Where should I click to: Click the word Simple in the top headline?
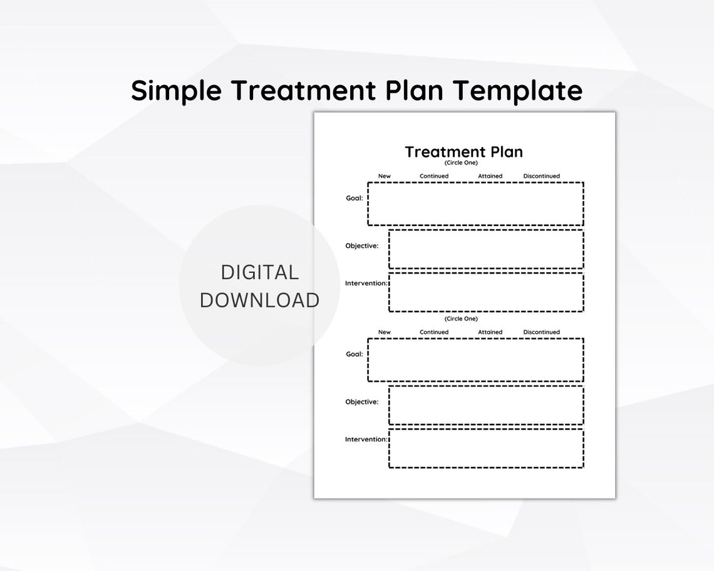(x=176, y=91)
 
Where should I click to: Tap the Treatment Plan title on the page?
(x=463, y=152)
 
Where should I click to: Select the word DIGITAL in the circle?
(x=259, y=272)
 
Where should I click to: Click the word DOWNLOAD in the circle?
(x=259, y=300)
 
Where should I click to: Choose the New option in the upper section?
(x=384, y=176)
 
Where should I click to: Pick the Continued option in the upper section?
(x=434, y=176)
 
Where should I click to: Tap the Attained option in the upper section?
(x=490, y=176)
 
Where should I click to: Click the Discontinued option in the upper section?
(x=541, y=176)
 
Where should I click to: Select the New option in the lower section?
(x=384, y=332)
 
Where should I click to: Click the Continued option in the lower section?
(x=434, y=332)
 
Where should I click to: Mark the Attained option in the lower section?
(x=490, y=332)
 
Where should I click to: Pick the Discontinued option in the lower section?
(x=541, y=332)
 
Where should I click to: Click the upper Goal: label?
(x=354, y=198)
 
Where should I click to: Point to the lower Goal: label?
(x=354, y=354)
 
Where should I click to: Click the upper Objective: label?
(x=362, y=245)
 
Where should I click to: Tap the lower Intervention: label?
(x=366, y=440)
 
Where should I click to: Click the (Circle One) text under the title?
(x=461, y=163)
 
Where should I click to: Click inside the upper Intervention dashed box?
(x=486, y=292)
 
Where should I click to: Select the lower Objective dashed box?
(x=486, y=405)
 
